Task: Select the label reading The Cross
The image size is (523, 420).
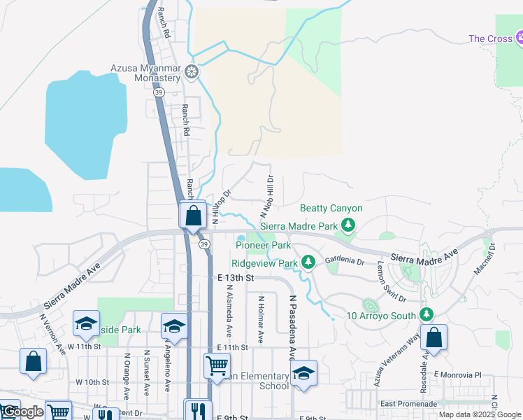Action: (x=491, y=38)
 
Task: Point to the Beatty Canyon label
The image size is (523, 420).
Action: (x=331, y=208)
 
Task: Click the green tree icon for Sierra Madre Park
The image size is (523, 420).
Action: (x=348, y=225)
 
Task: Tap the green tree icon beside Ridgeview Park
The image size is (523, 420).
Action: (x=308, y=262)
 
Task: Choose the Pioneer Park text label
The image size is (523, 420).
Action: (x=263, y=246)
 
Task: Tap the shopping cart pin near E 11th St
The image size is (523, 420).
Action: (x=217, y=365)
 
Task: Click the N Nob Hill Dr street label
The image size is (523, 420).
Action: (x=266, y=196)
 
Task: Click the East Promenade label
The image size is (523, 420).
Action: (x=408, y=404)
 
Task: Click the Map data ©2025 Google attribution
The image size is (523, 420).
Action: (x=480, y=415)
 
